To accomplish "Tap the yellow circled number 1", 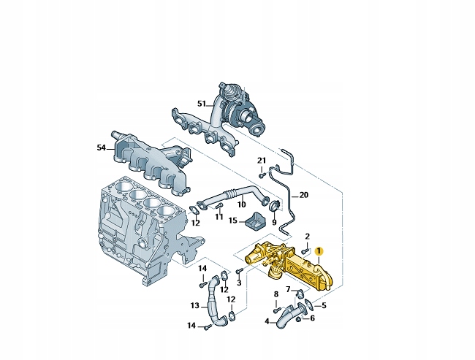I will click(319, 251).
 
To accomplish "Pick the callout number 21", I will click(262, 160).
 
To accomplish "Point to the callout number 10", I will click(241, 204).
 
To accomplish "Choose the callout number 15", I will click(232, 220).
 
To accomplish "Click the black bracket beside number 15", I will click(256, 219).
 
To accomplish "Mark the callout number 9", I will click(274, 221).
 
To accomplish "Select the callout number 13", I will click(194, 305).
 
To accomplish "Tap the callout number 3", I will click(239, 283).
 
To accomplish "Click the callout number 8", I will click(275, 294).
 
